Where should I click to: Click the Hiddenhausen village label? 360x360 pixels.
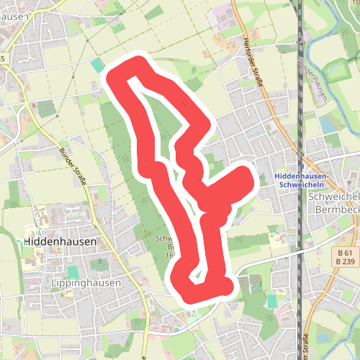coord(60,242)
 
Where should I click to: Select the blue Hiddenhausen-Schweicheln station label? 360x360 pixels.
coord(302,179)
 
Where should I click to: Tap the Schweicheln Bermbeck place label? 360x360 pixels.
coord(333,203)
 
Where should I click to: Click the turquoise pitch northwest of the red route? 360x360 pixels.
coord(97,66)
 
